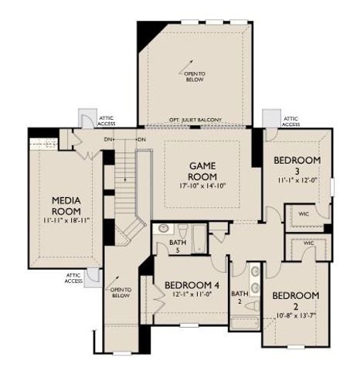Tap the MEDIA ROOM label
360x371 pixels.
point(66,206)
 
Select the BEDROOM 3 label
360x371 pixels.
point(297,165)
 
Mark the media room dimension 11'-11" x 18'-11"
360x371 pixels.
point(66,221)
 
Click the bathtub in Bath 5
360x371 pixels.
point(199,239)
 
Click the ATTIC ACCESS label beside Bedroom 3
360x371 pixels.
point(290,121)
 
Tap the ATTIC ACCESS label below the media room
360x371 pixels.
point(73,278)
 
